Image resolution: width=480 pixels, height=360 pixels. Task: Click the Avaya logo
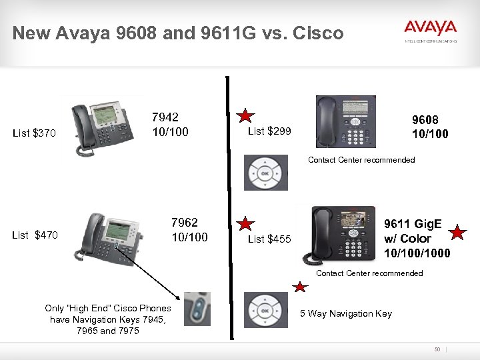(x=430, y=28)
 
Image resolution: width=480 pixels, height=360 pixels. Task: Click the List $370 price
(x=35, y=134)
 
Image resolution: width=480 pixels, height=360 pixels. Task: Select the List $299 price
(x=269, y=131)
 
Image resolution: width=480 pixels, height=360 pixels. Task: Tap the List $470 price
(x=35, y=235)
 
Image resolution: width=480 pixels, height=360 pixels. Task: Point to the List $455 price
(x=269, y=239)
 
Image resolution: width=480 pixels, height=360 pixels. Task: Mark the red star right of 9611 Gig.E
(x=457, y=233)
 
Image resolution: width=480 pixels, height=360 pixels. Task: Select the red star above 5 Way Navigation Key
(x=300, y=287)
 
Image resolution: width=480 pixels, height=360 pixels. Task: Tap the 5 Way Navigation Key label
(x=346, y=313)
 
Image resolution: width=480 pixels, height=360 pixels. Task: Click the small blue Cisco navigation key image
(x=197, y=309)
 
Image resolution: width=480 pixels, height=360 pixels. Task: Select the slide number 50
(x=438, y=349)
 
